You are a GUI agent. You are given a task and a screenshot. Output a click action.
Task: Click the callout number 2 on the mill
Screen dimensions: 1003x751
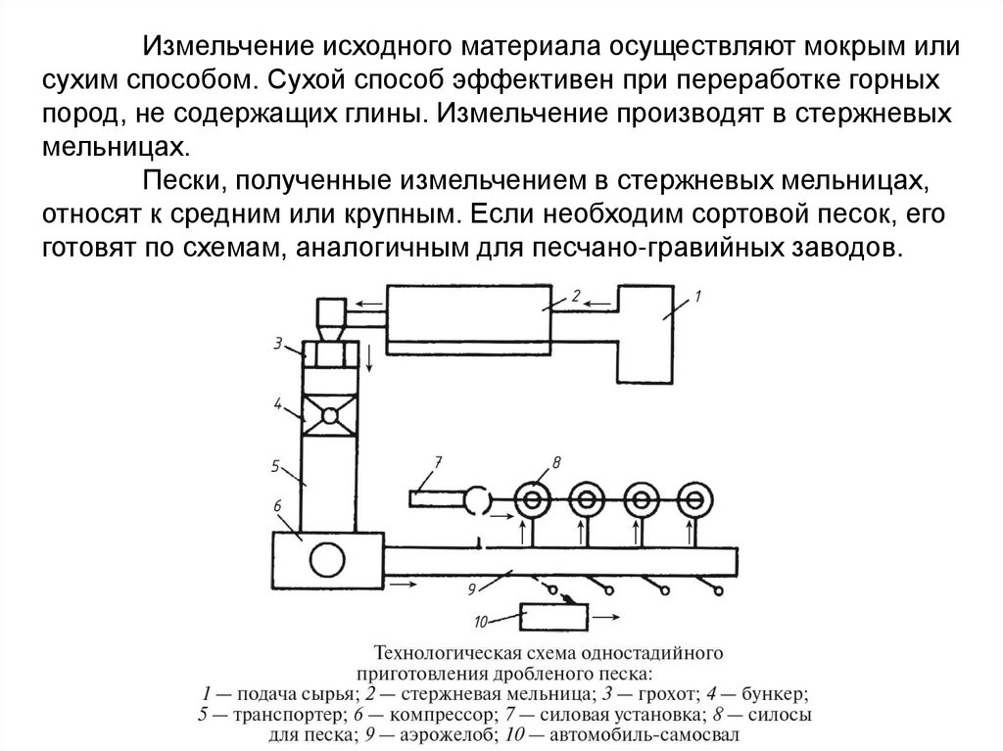tap(576, 293)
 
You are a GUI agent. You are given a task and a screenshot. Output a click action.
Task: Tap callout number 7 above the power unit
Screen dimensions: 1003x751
tap(438, 460)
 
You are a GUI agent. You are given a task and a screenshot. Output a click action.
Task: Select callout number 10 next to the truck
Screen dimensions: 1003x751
tap(480, 619)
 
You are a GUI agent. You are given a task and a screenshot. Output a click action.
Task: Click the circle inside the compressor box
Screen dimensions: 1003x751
tap(326, 561)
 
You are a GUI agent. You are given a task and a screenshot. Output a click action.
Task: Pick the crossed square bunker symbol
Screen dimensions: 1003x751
tap(330, 415)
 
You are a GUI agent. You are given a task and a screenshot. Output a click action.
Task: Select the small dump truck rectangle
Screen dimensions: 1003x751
tap(554, 618)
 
